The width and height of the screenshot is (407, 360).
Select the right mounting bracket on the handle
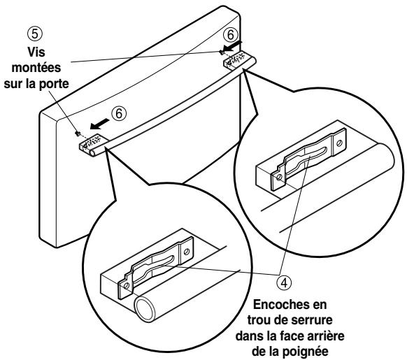pos(233,61)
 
